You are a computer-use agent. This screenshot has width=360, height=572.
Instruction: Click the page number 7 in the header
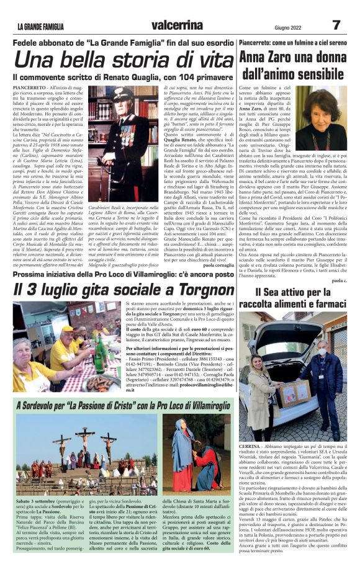pyautogui.click(x=335, y=25)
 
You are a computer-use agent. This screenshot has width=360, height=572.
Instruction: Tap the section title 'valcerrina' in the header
pyautogui.click(x=179, y=25)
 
